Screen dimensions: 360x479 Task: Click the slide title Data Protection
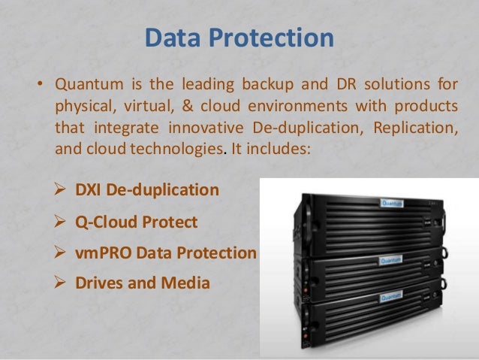click(239, 38)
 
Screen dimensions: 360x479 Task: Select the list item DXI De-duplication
click(147, 190)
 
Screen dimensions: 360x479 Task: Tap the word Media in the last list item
click(188, 283)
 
